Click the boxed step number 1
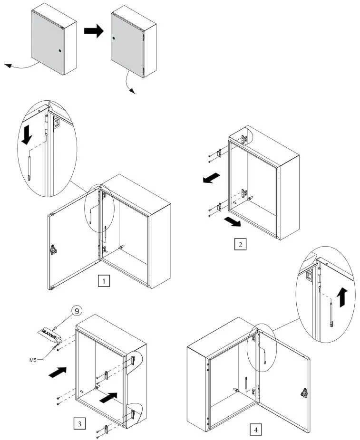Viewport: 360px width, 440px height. (x=104, y=281)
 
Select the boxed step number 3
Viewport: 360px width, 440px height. (x=79, y=422)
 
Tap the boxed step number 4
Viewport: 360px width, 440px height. (x=256, y=430)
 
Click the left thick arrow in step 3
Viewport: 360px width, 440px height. (x=58, y=372)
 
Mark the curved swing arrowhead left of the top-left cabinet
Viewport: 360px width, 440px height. (x=8, y=66)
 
